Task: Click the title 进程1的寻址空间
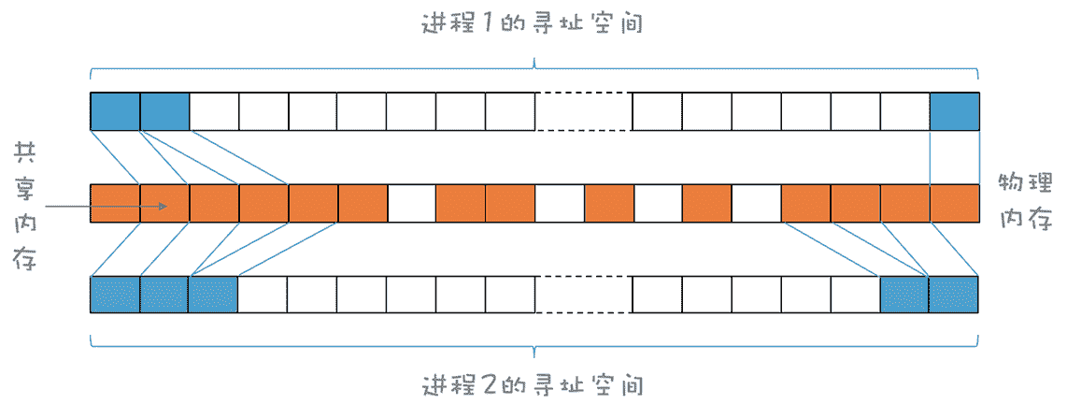click(x=533, y=24)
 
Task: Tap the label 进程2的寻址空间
click(x=533, y=383)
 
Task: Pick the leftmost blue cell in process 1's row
click(x=115, y=111)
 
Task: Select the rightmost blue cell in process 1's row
click(x=954, y=111)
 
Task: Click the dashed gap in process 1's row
click(x=583, y=111)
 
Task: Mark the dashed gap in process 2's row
click(x=583, y=295)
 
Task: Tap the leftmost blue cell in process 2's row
click(x=115, y=295)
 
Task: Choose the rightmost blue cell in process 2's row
click(x=953, y=295)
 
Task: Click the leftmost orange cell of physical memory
click(x=115, y=204)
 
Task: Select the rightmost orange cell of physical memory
click(x=954, y=204)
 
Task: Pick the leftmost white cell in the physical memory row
click(x=411, y=204)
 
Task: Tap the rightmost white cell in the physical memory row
click(x=756, y=204)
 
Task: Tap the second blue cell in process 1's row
click(x=164, y=111)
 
